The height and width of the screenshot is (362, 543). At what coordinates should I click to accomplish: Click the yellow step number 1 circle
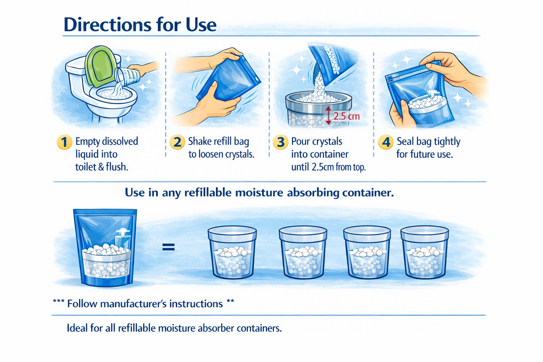point(64,142)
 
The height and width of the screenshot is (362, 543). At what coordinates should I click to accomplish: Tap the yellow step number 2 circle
point(177,142)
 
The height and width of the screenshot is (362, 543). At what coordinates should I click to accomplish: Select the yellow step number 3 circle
point(280,142)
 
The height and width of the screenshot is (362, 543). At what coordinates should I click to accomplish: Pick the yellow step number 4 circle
point(386,142)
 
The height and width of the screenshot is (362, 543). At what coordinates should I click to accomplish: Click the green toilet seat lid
point(100,66)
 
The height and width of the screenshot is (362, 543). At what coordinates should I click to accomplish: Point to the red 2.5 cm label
point(346,116)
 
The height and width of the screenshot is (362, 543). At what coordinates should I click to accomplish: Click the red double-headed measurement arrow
point(328,115)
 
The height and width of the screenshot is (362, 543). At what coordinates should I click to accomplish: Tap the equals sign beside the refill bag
point(168,247)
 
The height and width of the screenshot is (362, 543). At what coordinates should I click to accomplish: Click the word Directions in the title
point(107,25)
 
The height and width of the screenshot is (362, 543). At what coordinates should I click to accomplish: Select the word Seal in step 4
point(405,141)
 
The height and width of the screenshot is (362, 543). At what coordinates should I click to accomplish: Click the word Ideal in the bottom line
point(78,328)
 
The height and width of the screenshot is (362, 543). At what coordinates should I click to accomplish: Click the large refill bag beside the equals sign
point(106,248)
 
